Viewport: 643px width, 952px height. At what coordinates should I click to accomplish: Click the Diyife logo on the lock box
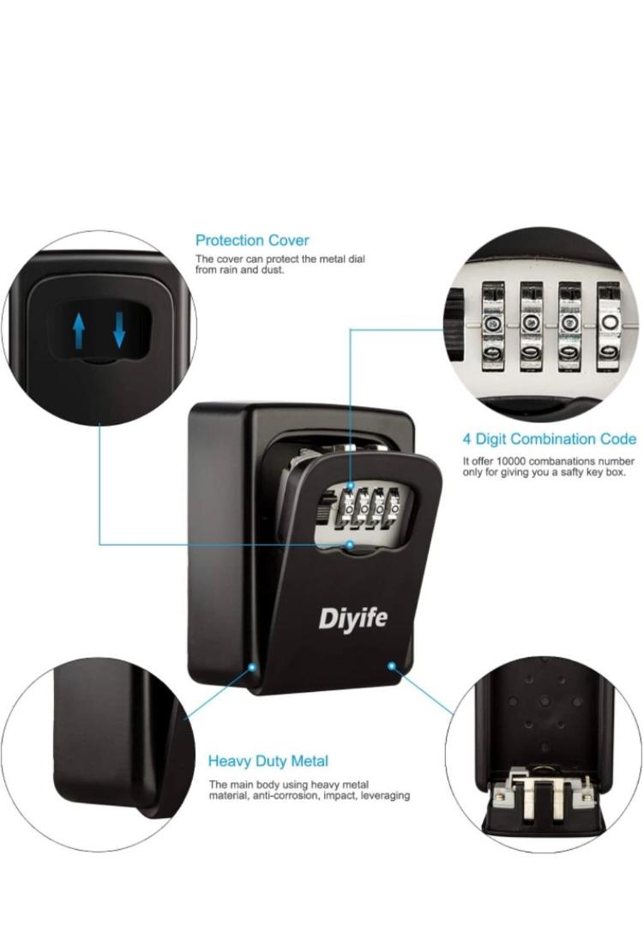pos(352,618)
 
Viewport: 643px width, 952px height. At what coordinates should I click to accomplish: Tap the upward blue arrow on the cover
pos(79,330)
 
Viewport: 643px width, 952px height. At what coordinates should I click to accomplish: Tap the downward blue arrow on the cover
pos(119,330)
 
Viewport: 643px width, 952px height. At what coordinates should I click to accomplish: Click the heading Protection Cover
pos(252,240)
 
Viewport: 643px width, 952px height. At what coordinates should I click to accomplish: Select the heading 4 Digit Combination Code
pos(550,439)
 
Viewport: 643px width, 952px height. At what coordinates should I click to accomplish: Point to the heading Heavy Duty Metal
pos(268,761)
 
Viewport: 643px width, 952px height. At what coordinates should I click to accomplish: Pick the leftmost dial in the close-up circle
pos(493,327)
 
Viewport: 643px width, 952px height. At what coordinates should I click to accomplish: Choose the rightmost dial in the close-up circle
pos(609,327)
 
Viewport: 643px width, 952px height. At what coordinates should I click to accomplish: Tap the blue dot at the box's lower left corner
pos(252,667)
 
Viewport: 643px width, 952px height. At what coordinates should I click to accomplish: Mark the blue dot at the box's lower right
pos(391,666)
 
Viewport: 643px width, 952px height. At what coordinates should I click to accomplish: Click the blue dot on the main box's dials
pos(350,487)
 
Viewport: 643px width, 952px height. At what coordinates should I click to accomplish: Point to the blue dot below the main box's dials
pos(350,544)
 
